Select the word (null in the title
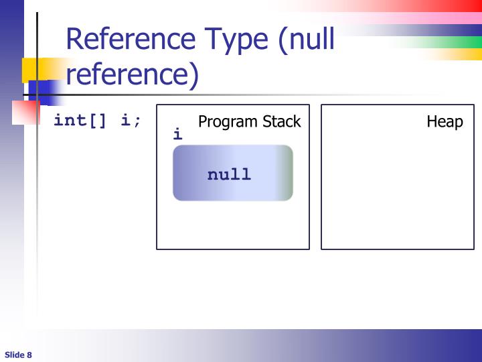[306, 41]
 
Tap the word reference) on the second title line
[133, 75]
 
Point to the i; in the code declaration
[131, 121]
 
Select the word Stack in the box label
[281, 122]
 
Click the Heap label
[445, 122]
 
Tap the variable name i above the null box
[177, 134]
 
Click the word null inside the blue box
[229, 175]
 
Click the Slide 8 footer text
[19, 355]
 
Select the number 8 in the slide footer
[29, 355]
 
